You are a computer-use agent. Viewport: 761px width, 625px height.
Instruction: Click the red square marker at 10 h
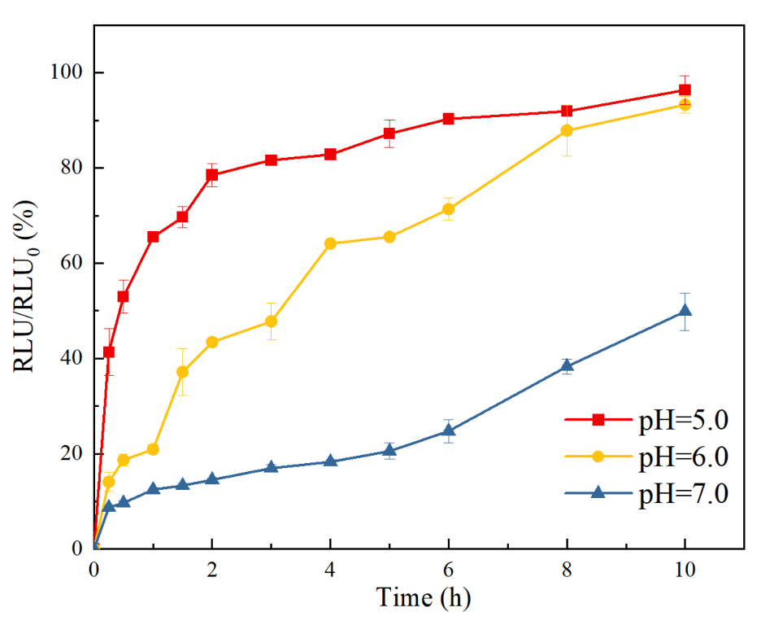[685, 90]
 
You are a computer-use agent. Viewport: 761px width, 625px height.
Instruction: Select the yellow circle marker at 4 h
[330, 243]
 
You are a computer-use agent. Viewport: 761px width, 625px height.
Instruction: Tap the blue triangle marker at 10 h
[685, 310]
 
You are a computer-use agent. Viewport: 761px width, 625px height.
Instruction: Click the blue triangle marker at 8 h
[567, 366]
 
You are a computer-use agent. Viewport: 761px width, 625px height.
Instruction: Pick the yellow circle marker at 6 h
[448, 209]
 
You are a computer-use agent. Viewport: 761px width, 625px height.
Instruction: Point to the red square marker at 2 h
[212, 175]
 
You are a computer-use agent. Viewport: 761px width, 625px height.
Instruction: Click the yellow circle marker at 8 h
[567, 130]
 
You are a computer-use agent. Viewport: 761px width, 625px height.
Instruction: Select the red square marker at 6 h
[448, 119]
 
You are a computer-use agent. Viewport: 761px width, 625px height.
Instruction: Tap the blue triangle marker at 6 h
[448, 431]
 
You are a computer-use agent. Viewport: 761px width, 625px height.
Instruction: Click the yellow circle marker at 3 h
[271, 321]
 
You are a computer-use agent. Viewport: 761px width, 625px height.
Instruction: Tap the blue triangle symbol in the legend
[598, 492]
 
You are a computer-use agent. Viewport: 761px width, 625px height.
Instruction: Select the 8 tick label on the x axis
[567, 570]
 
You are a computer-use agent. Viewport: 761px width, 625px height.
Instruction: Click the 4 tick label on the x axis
[330, 570]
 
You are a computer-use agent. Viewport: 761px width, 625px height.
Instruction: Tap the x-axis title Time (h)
[423, 598]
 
